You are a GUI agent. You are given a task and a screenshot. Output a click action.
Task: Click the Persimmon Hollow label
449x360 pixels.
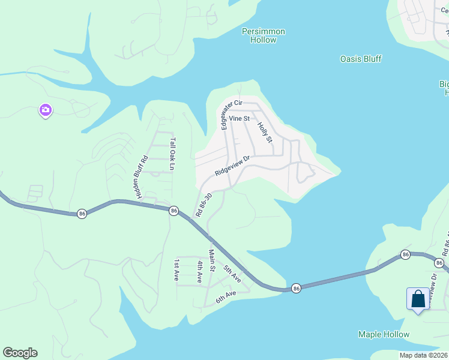(264, 35)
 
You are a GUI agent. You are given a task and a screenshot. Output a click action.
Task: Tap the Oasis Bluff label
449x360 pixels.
(361, 59)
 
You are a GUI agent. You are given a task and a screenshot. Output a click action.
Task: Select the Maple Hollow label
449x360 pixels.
(384, 334)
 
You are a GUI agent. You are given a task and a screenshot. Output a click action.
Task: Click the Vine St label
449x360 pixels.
(239, 119)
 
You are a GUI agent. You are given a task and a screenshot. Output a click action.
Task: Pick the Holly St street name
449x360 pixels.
(265, 132)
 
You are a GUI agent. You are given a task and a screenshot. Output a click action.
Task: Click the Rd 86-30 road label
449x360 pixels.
(203, 205)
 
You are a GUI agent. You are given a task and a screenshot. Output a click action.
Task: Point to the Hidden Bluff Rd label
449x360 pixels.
(142, 178)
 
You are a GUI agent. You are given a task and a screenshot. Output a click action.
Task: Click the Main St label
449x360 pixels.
(211, 260)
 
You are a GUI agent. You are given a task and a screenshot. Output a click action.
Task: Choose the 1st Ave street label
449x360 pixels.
(177, 271)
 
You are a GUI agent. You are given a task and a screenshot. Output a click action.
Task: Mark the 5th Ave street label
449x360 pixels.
(232, 274)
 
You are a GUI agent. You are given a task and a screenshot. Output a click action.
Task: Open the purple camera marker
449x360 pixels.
(46, 110)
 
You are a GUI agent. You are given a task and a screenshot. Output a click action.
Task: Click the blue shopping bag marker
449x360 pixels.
(418, 299)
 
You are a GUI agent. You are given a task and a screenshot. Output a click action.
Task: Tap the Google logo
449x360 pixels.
(20, 353)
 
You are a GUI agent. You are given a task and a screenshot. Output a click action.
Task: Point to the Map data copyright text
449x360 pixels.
(423, 355)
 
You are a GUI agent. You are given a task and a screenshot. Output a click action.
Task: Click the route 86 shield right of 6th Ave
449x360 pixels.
(296, 289)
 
